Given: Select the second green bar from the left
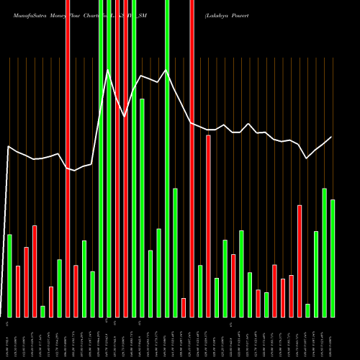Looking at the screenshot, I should click(42, 311).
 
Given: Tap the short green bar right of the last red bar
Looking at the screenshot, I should click(307, 310).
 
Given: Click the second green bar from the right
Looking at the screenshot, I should click(324, 252).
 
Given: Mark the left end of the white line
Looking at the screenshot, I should click(8, 147).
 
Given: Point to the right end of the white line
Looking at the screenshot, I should click(332, 137).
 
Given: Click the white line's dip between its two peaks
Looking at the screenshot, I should click(125, 116).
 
